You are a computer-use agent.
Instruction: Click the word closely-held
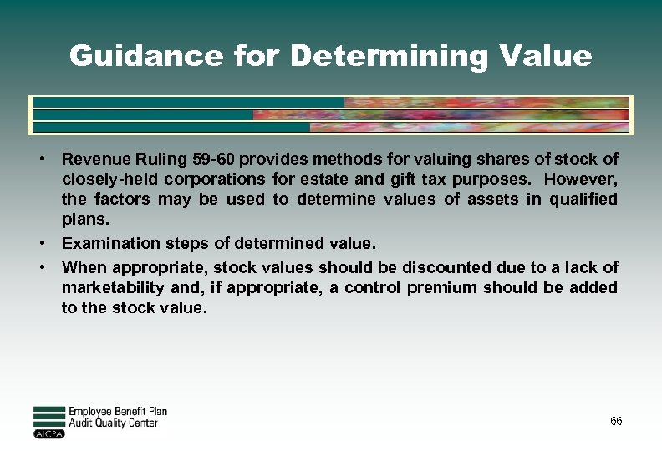tap(108, 179)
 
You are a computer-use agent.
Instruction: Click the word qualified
tap(583, 199)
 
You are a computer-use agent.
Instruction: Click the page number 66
tap(616, 421)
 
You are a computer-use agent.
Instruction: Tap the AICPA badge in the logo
tap(48, 434)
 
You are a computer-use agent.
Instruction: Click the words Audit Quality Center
tap(113, 423)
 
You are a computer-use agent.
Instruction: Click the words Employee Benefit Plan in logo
tap(118, 412)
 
